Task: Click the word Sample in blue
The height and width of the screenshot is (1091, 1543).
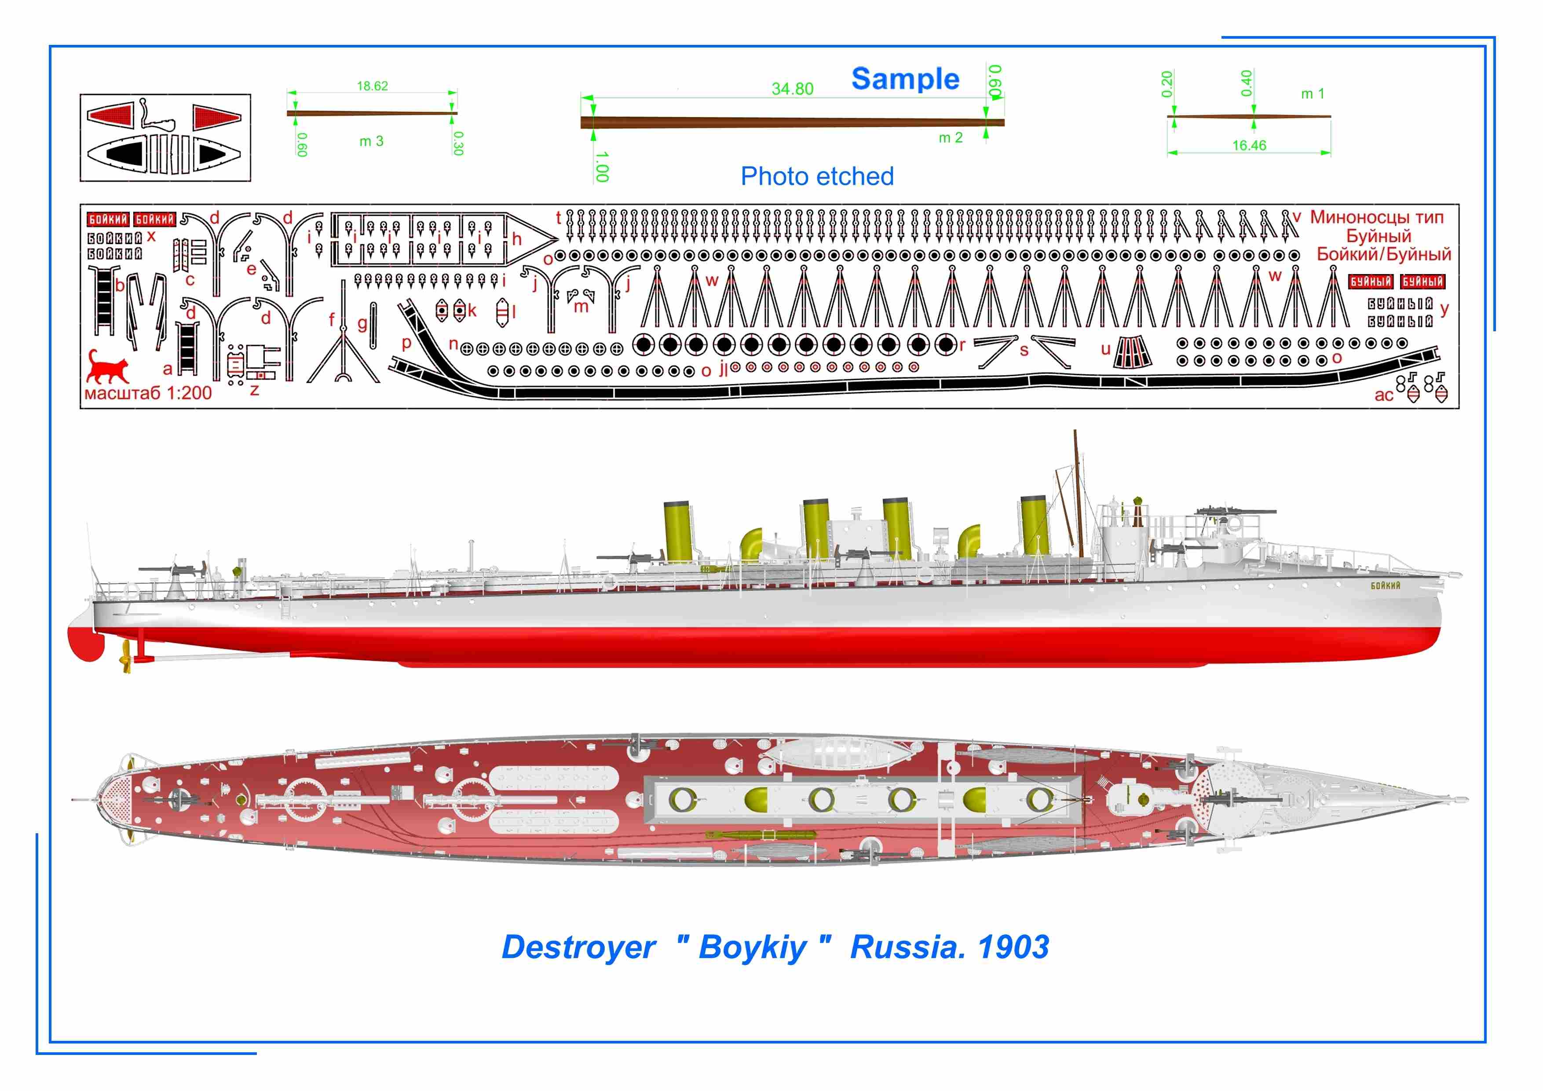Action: (905, 79)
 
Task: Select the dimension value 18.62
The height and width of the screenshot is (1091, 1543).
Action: (372, 86)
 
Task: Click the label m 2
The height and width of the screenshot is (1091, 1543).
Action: (950, 138)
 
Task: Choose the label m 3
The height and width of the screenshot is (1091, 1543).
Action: (371, 141)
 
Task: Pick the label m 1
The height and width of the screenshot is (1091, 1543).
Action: (1313, 94)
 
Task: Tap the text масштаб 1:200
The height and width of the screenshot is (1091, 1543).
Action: (148, 393)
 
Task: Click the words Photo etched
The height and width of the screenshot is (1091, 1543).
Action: (817, 177)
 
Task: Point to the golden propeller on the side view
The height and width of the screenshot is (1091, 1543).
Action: (125, 655)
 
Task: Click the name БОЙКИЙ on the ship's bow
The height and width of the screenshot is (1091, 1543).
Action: (1385, 586)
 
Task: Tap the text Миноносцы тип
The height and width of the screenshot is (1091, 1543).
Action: (1376, 217)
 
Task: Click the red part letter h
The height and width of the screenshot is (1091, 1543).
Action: (517, 238)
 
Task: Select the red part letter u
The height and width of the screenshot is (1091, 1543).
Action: (1105, 349)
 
